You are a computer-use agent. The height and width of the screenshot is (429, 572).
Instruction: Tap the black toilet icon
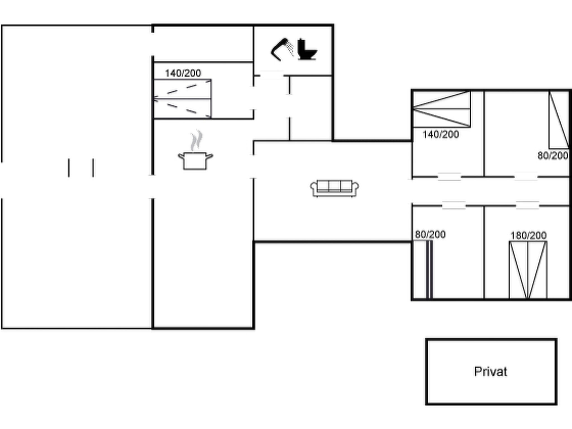click(x=307, y=50)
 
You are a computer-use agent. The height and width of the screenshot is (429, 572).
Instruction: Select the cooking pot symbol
click(x=195, y=161)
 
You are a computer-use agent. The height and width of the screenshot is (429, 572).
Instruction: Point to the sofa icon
click(x=335, y=188)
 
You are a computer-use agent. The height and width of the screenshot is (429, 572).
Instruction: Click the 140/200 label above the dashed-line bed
click(x=183, y=73)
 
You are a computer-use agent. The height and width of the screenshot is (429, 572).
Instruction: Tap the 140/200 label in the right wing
click(x=440, y=135)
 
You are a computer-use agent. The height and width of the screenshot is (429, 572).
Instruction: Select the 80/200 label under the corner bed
click(x=553, y=156)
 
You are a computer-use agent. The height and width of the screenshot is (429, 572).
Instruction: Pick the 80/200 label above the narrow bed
click(x=430, y=235)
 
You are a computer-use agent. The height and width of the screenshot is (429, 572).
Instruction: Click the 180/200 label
click(x=528, y=236)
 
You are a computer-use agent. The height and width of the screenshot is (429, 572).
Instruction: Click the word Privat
click(x=490, y=372)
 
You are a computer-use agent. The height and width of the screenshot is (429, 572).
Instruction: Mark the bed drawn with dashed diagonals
click(x=183, y=99)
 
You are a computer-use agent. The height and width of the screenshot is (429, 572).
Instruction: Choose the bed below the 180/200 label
click(x=528, y=270)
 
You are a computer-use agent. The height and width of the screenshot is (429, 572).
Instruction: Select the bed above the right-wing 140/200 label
click(x=442, y=109)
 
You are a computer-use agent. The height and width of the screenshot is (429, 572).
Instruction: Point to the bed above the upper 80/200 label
click(x=559, y=120)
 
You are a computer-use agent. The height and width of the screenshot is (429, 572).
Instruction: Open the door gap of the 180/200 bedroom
click(x=527, y=206)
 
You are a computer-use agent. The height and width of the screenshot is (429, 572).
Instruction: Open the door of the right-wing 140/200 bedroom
click(x=449, y=177)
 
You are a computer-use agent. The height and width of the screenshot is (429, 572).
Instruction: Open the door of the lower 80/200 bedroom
click(x=454, y=206)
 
